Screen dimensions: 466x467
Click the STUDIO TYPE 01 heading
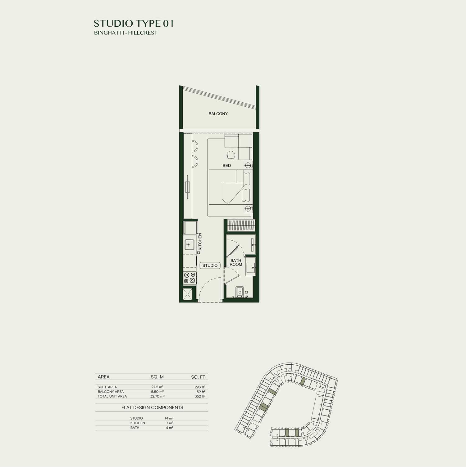coord(134,23)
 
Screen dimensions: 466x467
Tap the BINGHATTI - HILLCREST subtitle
coord(126,33)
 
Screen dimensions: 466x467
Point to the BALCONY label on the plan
coord(218,114)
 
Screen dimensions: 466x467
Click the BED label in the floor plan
coord(227,166)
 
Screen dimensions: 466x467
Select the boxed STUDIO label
coord(210,265)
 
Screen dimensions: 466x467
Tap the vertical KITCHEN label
coord(200,242)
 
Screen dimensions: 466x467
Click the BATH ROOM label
coord(236,263)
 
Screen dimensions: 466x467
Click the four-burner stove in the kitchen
coord(190,278)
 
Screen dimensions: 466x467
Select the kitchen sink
coord(188,245)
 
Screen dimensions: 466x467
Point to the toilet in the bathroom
coord(240,291)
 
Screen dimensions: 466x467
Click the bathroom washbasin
coord(250,267)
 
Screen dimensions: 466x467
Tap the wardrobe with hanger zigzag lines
coord(241,225)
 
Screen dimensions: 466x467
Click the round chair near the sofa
coord(231,154)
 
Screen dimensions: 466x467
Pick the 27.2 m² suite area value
coord(157,387)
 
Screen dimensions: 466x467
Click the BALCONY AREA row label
coord(111,392)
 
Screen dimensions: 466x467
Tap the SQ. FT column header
coord(198,377)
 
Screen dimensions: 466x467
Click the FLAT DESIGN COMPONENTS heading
coord(152,407)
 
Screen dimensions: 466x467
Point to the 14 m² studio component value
coord(169,418)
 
